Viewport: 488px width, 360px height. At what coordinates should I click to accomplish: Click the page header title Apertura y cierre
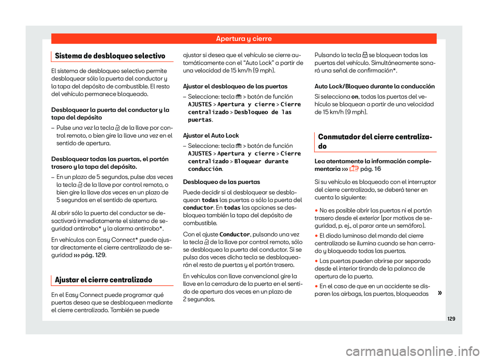[x=243, y=39]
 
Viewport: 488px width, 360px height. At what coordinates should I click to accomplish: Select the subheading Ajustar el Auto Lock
[x=210, y=135]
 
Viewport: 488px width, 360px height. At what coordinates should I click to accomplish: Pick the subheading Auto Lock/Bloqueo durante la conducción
[x=375, y=86]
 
